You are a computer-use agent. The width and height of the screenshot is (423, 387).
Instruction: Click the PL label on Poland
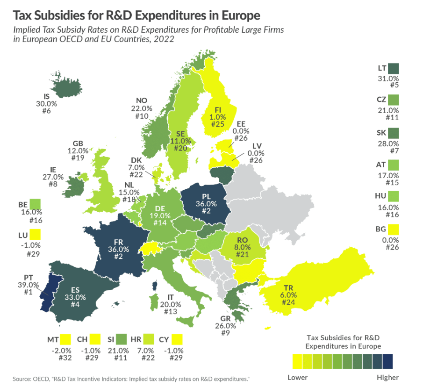[206, 196]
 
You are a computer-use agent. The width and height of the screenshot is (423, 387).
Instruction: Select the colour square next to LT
[394, 68]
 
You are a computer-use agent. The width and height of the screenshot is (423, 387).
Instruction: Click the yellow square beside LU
[35, 234]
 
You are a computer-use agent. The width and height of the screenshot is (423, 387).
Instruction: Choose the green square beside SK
[394, 133]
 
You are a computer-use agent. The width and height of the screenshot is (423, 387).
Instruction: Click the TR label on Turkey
[288, 288]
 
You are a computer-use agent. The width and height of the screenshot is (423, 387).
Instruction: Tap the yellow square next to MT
[65, 339]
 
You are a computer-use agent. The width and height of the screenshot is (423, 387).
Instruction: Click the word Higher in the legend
[388, 377]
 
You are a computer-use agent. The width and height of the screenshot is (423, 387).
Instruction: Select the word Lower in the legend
[297, 377]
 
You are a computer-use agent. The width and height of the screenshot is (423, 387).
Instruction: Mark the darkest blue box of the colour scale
[387, 361]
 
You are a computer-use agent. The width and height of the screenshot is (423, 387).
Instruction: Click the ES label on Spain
[76, 289]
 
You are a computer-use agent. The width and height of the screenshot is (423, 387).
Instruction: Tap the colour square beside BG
[394, 229]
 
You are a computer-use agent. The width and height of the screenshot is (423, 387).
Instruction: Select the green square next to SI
[122, 339]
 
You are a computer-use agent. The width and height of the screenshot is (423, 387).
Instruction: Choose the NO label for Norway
[142, 100]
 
